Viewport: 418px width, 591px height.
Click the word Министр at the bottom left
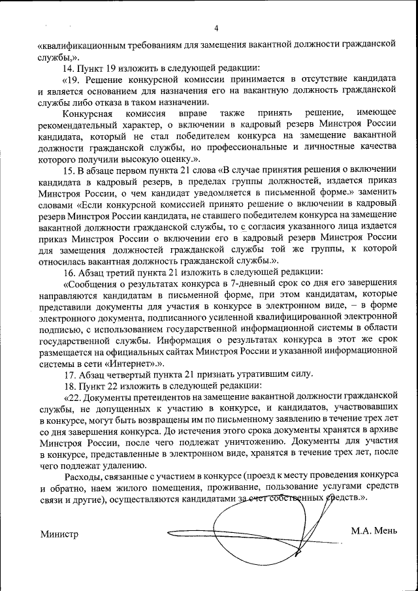tap(59, 534)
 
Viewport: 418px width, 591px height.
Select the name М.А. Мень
tap(374, 530)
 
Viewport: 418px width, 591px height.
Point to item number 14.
tap(68, 68)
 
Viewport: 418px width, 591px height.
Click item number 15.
tap(68, 172)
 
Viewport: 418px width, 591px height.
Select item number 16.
tap(68, 271)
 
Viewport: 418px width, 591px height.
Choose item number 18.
tap(68, 385)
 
